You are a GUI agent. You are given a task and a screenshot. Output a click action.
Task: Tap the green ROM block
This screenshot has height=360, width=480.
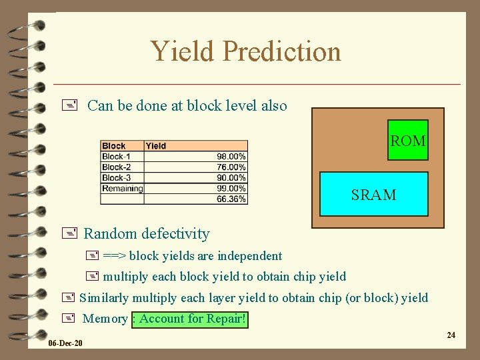coord(407,141)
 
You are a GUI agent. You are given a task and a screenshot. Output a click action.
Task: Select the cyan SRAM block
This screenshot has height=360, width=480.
coord(373,195)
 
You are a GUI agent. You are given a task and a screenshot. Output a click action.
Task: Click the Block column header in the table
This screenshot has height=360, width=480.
coord(114,145)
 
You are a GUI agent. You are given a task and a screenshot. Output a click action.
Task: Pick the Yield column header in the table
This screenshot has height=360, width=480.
coord(156,145)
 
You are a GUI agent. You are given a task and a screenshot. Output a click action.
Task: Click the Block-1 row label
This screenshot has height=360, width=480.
coord(116,156)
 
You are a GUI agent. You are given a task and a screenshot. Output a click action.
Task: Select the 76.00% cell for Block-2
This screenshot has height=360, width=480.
coord(231,167)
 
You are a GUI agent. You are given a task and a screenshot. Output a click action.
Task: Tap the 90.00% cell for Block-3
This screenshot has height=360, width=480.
coord(231,177)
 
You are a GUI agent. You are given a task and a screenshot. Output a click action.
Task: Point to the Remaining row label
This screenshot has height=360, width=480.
coord(122,188)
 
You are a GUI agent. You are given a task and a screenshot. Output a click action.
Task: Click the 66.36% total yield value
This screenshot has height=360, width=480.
coord(231,199)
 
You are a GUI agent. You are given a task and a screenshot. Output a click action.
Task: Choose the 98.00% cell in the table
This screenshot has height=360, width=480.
coord(231,156)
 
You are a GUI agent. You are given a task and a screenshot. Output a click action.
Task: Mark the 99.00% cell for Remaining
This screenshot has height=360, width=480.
coord(231,188)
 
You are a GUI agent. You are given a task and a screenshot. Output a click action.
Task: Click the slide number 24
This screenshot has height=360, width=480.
coord(451,335)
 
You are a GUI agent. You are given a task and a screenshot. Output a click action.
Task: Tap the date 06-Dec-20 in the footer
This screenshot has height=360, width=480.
coord(65,343)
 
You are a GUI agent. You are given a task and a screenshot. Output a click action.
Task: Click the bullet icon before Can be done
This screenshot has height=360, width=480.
coord(73,105)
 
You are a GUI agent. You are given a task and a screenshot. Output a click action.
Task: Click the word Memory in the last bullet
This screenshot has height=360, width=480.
coord(105,319)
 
